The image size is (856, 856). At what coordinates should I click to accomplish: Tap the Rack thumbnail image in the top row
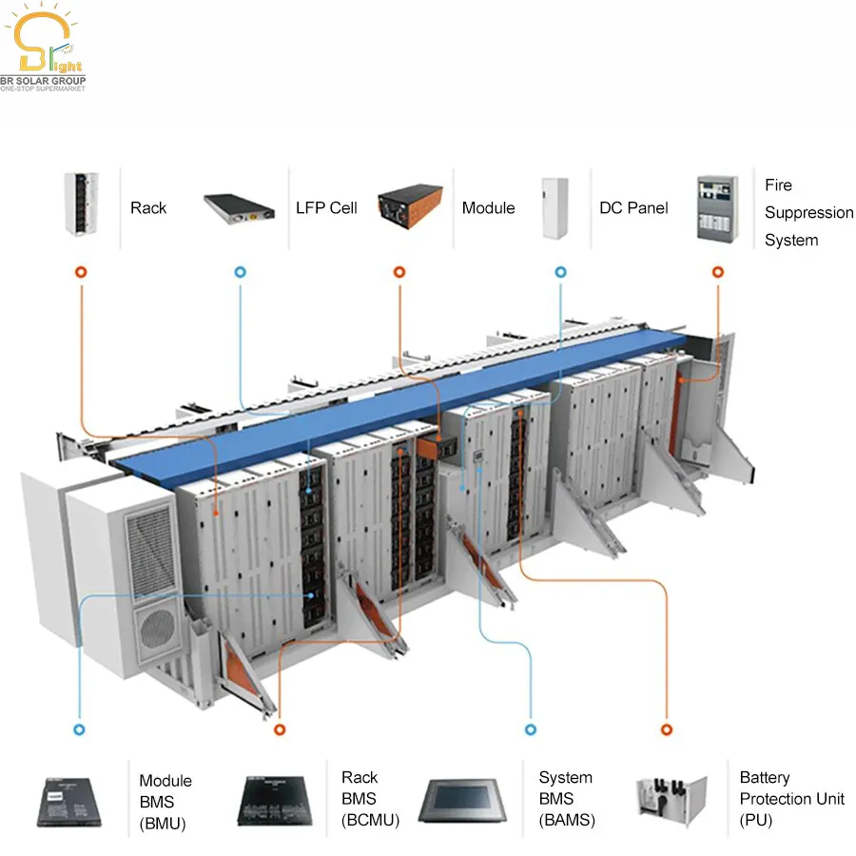[81, 204]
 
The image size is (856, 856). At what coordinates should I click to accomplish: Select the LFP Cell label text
[326, 207]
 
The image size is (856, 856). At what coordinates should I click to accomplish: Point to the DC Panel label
[633, 207]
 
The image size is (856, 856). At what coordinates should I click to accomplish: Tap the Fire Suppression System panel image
[718, 206]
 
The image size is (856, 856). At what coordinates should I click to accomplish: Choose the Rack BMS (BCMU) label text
[370, 799]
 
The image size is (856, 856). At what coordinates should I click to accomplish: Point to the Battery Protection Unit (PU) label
[791, 799]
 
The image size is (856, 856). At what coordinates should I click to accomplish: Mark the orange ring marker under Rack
[81, 272]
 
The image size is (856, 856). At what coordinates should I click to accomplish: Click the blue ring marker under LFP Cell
[240, 272]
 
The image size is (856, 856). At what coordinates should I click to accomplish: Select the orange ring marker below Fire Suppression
[718, 272]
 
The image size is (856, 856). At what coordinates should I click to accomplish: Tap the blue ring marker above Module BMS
[79, 730]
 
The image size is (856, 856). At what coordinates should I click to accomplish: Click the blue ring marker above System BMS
[531, 730]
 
